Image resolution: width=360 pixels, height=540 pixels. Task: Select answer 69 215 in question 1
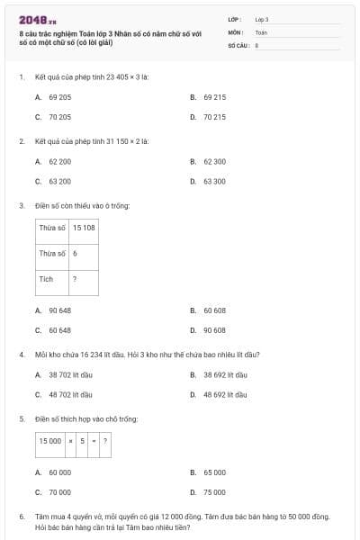[214, 96]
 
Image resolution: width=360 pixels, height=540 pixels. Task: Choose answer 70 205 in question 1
[59, 117]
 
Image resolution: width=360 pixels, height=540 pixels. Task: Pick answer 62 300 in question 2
[214, 161]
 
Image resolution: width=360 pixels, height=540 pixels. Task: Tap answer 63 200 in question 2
[59, 181]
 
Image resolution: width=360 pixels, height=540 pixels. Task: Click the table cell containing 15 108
[84, 228]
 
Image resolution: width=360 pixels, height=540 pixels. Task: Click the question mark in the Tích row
[75, 279]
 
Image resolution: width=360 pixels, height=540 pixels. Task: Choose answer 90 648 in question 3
[59, 310]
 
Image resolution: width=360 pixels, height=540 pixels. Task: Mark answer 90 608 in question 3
[214, 330]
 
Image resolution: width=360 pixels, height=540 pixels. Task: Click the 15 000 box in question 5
[49, 441]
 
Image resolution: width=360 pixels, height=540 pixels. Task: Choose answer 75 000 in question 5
[214, 492]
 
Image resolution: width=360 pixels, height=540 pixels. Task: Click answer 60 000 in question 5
[59, 472]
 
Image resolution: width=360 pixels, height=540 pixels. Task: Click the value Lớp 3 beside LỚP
[262, 19]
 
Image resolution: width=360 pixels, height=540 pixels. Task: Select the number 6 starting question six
[21, 517]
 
